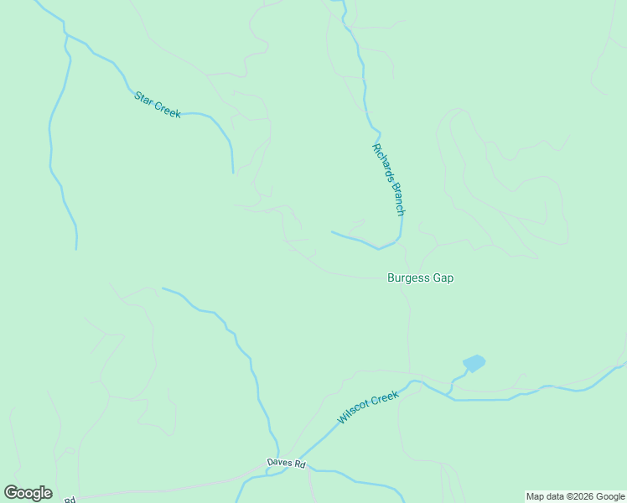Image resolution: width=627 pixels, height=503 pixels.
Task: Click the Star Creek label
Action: click(158, 104)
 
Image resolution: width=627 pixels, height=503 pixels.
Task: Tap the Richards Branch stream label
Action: click(388, 179)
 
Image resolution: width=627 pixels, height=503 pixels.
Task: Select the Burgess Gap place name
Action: click(420, 277)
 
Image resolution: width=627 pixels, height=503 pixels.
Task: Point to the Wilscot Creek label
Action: click(368, 407)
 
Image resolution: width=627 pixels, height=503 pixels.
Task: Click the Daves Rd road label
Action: click(286, 463)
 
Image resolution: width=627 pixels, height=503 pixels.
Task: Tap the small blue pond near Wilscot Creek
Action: click(474, 363)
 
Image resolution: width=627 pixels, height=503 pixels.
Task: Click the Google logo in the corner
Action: click(28, 493)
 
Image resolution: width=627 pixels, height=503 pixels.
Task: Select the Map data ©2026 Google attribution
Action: click(575, 496)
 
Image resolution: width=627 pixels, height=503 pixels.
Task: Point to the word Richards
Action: click(381, 162)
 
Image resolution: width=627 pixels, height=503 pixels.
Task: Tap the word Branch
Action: click(396, 198)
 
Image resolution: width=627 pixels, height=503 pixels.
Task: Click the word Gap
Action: click(443, 277)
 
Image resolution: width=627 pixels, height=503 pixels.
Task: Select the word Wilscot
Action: click(355, 413)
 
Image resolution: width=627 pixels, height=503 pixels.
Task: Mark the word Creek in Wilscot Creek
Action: click(385, 398)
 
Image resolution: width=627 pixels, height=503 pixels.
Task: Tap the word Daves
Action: click(279, 463)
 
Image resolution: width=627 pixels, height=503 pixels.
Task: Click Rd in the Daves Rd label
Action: click(299, 464)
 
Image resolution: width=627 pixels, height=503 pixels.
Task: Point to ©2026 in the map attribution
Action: click(575, 496)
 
